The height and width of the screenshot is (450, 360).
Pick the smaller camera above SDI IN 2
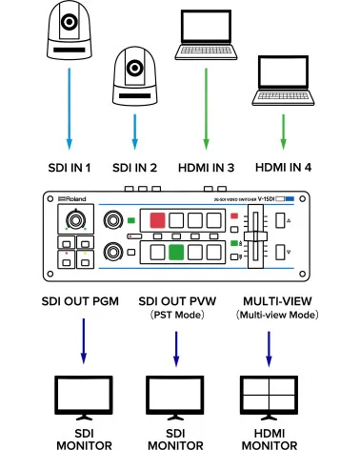[134, 72]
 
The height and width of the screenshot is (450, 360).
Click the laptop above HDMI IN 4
[282, 82]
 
